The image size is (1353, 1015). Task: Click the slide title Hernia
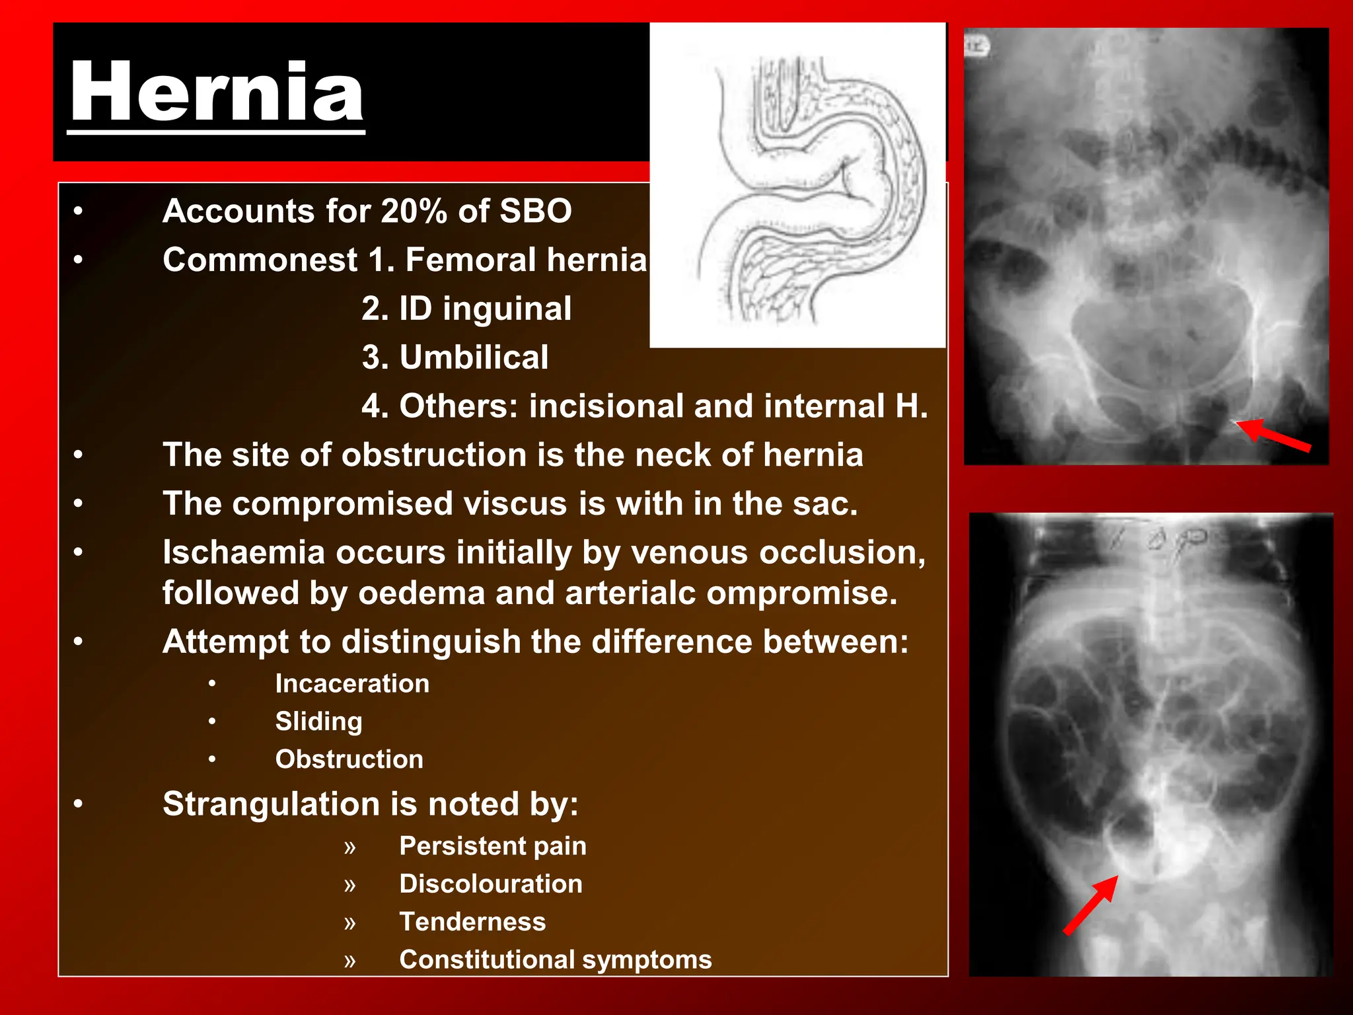pyautogui.click(x=217, y=93)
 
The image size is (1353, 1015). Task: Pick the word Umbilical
pyautogui.click(x=474, y=357)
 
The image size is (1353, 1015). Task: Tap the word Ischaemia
pyautogui.click(x=244, y=552)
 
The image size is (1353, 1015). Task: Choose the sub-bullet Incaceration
pyautogui.click(x=352, y=683)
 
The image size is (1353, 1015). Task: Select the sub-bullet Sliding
pyautogui.click(x=318, y=722)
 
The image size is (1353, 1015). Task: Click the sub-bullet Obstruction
pyautogui.click(x=349, y=759)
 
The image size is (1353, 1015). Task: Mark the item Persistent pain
pyautogui.click(x=492, y=846)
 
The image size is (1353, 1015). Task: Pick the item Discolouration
pyautogui.click(x=491, y=884)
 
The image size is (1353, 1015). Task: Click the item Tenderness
pyautogui.click(x=472, y=922)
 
